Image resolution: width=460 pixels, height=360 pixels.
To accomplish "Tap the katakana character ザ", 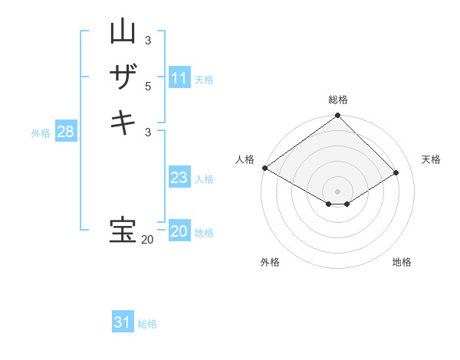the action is click(123, 77).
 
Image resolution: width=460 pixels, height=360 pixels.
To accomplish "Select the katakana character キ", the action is click(123, 123).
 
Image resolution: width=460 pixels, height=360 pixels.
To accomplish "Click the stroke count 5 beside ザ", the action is click(148, 87).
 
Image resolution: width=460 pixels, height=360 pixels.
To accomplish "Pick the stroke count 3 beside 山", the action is click(148, 40).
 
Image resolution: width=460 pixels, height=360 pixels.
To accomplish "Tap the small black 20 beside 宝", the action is click(147, 240).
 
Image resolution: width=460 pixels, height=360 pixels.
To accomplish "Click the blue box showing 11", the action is click(179, 78).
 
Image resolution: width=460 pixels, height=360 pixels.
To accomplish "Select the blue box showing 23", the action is click(179, 178).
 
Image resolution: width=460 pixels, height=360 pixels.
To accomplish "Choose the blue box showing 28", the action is click(66, 132).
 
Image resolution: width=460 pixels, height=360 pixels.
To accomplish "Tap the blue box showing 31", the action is click(123, 322).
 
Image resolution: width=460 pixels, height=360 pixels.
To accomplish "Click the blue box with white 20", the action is click(179, 231).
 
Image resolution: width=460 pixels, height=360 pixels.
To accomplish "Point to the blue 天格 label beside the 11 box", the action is click(204, 79).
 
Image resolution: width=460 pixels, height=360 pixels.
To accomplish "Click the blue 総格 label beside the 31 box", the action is click(147, 324).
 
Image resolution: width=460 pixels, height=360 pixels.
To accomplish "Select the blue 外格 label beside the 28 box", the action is click(41, 133).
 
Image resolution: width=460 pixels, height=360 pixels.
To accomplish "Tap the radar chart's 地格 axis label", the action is click(402, 262).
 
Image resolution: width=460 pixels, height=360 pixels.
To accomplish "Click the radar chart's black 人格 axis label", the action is click(245, 159).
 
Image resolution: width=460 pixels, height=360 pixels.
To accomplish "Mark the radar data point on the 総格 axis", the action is click(337, 116).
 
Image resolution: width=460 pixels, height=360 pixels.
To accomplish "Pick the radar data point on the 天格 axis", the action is click(396, 173).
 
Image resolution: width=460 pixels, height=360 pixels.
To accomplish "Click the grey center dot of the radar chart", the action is click(337, 191).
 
